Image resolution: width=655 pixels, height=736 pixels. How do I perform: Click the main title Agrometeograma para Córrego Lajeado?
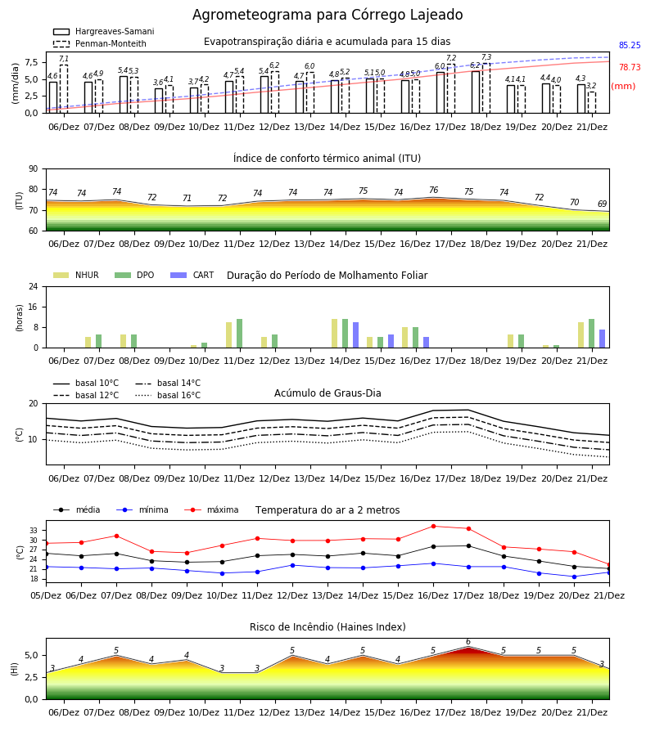(x=327, y=15)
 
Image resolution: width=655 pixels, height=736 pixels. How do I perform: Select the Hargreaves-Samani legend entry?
(x=103, y=31)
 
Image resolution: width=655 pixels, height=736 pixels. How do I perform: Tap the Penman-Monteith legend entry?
(x=100, y=43)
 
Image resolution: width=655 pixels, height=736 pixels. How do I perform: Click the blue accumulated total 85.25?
(x=630, y=46)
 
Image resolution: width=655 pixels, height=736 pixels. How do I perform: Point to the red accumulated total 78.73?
(x=630, y=67)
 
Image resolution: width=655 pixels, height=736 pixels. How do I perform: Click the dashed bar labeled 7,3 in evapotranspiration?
(x=486, y=88)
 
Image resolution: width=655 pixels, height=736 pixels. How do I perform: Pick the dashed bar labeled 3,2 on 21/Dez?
(x=592, y=102)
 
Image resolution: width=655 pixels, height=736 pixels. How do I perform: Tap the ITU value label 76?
(x=434, y=190)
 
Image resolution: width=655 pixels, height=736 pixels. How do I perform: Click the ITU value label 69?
(x=603, y=204)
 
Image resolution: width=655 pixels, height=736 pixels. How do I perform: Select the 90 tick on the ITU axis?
(x=34, y=169)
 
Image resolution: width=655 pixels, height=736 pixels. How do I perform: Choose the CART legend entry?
(x=192, y=275)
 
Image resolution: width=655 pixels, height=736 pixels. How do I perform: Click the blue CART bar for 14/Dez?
(x=355, y=335)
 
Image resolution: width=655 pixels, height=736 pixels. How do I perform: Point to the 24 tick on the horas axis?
(x=34, y=286)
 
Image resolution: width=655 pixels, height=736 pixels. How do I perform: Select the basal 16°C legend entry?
(x=168, y=395)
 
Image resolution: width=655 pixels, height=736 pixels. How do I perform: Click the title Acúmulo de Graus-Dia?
(x=327, y=393)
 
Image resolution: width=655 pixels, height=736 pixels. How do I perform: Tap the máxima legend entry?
(x=211, y=509)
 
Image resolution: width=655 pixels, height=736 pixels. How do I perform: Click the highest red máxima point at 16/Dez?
(x=433, y=526)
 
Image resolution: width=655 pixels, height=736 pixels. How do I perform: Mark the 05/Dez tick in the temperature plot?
(x=46, y=595)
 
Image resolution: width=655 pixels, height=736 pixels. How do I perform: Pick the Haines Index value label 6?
(x=468, y=642)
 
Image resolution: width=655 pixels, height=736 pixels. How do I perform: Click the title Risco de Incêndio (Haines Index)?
(x=327, y=627)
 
